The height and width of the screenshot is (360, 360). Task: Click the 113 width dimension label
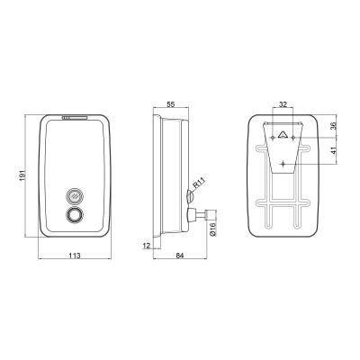[x=75, y=256]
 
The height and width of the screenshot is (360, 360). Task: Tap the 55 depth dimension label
[x=171, y=104]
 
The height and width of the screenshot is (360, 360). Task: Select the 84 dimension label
[x=179, y=256]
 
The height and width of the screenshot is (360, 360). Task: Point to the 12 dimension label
[x=147, y=246]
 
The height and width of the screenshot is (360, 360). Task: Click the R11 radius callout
[x=199, y=184]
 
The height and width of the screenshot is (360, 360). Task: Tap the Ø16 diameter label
[x=212, y=229]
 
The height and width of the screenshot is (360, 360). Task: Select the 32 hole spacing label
[x=283, y=104]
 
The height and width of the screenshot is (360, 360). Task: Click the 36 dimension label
[x=334, y=125]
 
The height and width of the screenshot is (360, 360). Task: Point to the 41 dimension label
[x=334, y=150]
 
